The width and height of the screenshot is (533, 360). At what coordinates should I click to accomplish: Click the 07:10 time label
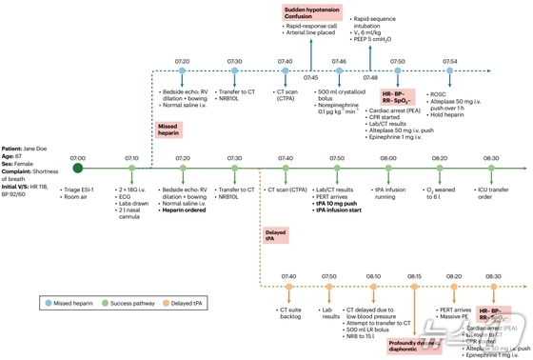(132, 157)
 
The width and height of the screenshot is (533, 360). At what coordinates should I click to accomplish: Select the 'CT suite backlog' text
(291, 313)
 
